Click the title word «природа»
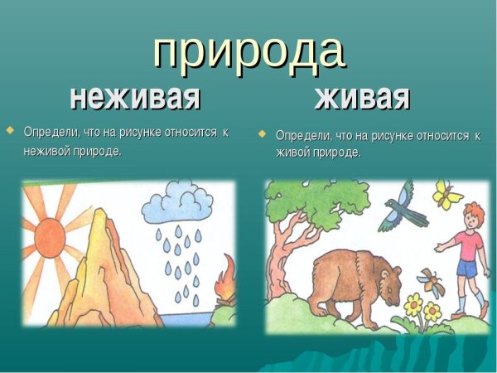tap(248, 51)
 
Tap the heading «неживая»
tap(136, 97)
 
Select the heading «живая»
tap(362, 97)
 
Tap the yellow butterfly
tap(448, 196)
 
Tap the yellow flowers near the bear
tap(420, 308)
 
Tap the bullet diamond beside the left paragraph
tap(10, 131)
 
